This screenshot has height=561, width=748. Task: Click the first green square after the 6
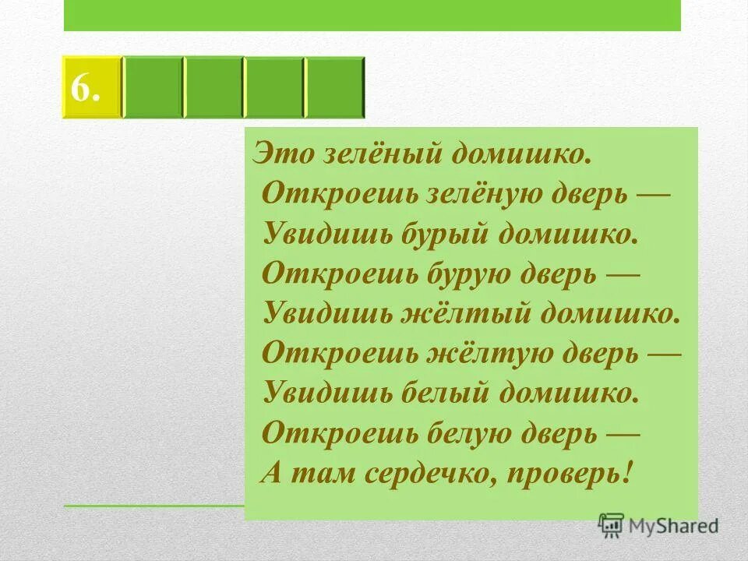(153, 87)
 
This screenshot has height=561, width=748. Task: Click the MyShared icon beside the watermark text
(612, 525)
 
